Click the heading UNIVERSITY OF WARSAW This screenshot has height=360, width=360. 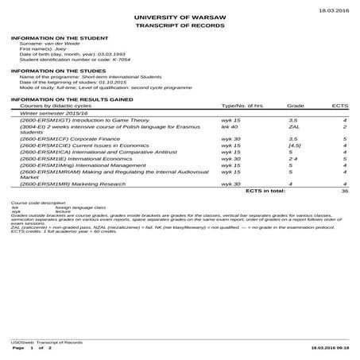click(x=180, y=17)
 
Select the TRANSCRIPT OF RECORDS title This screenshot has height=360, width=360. click(x=180, y=26)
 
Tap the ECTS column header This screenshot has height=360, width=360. click(x=340, y=104)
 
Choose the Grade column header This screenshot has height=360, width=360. click(x=295, y=104)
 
